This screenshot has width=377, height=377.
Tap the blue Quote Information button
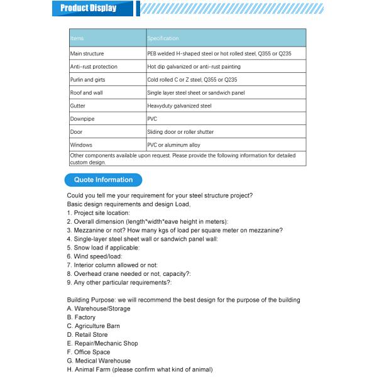pos(104,180)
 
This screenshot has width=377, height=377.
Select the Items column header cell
pos(107,38)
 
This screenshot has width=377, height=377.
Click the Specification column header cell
pos(226,38)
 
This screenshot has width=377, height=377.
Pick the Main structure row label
pos(87,53)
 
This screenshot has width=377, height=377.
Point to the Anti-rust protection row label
pos(94,67)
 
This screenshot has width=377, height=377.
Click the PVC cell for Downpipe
pos(152,119)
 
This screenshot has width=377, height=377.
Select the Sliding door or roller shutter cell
pos(180,132)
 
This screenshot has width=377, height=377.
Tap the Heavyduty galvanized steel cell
pos(180,106)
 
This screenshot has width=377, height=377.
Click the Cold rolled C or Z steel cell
pos(192,80)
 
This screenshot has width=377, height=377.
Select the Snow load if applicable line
pos(103,248)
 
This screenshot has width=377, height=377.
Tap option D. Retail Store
pos(87,335)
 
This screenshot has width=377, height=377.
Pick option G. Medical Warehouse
pos(99,361)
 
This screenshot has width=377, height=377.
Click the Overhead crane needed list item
pos(129,274)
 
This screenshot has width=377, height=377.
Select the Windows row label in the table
pos(82,145)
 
